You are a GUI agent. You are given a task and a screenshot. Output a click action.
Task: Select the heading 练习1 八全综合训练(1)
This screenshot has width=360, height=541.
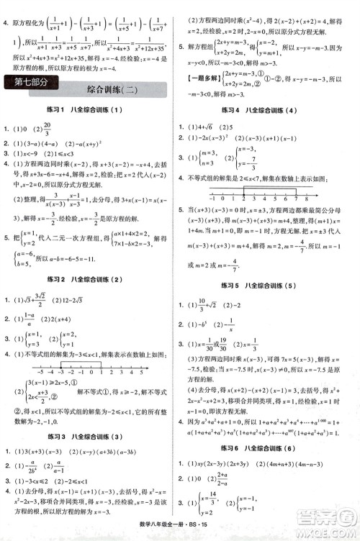click(91, 109)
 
